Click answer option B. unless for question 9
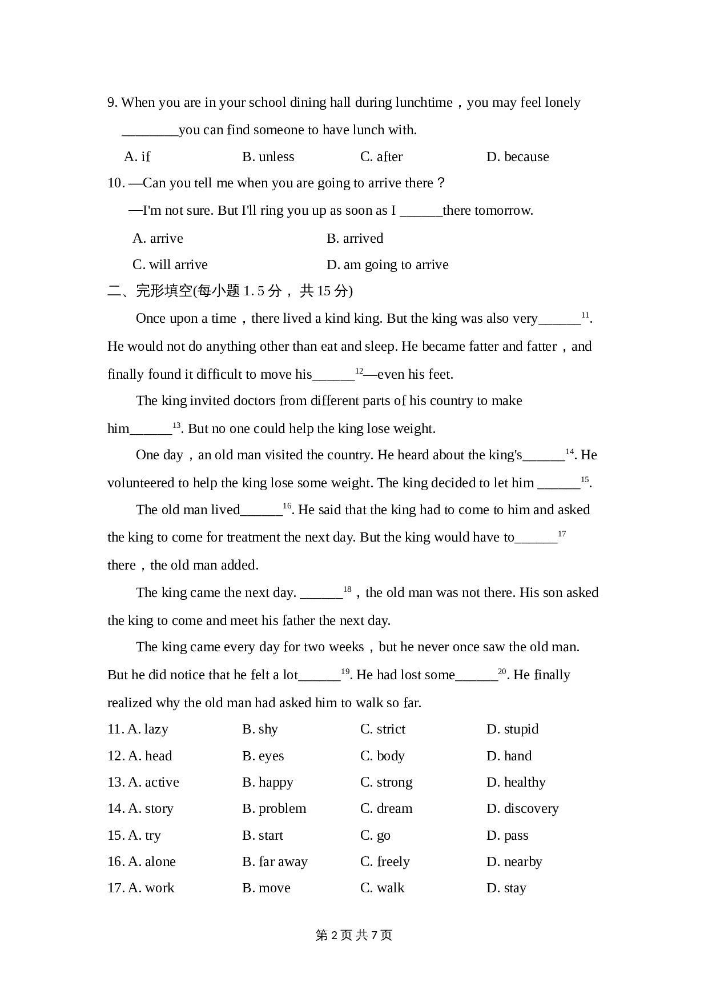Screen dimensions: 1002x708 tap(268, 157)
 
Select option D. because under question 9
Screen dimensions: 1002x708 tap(517, 157)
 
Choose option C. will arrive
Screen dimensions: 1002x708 tap(170, 264)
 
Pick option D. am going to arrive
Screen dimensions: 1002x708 tap(387, 264)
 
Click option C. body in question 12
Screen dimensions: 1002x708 tap(382, 756)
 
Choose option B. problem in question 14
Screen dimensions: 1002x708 tap(274, 808)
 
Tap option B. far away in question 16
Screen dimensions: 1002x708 tap(275, 861)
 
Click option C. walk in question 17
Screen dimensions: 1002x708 tap(382, 888)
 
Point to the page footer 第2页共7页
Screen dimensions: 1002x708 tap(354, 935)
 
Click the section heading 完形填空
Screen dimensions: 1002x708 tap(164, 291)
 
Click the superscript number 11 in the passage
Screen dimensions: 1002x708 tap(585, 315)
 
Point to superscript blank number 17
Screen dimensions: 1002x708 tap(562, 534)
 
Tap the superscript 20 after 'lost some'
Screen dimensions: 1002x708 tap(502, 671)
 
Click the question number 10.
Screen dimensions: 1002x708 tap(115, 183)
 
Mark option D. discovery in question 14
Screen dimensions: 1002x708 tap(522, 808)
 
